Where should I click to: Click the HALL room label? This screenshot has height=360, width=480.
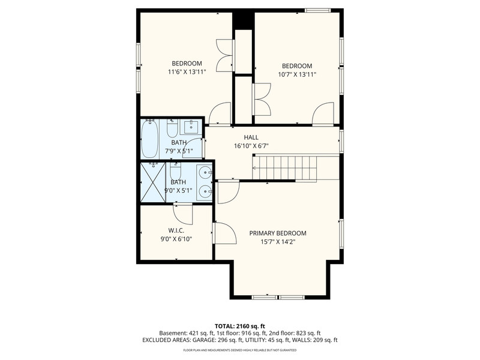point(251,137)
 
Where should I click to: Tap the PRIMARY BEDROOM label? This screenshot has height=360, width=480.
point(278,233)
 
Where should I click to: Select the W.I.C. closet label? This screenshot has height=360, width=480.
point(176,230)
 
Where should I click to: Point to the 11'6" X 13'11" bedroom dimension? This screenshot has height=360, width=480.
point(187,72)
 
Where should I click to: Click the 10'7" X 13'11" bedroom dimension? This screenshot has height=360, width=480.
point(297,74)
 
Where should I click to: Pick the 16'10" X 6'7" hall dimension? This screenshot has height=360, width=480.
point(251,146)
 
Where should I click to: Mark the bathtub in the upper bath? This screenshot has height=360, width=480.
point(149,139)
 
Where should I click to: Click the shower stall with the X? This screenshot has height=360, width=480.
point(153,182)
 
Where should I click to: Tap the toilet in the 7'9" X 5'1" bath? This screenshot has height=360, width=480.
point(172,128)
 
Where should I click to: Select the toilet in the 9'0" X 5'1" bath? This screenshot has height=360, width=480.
point(175,171)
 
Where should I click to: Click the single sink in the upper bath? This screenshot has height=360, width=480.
point(191,127)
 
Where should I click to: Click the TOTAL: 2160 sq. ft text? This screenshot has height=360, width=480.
point(239,326)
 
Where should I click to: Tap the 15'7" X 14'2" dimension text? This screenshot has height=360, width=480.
point(278,242)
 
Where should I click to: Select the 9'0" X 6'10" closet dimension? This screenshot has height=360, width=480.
point(176,239)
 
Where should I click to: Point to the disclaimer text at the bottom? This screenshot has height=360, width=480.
point(239,350)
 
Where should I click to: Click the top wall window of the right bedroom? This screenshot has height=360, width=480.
point(318,10)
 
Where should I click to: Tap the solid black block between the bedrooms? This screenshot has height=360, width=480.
point(244,20)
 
